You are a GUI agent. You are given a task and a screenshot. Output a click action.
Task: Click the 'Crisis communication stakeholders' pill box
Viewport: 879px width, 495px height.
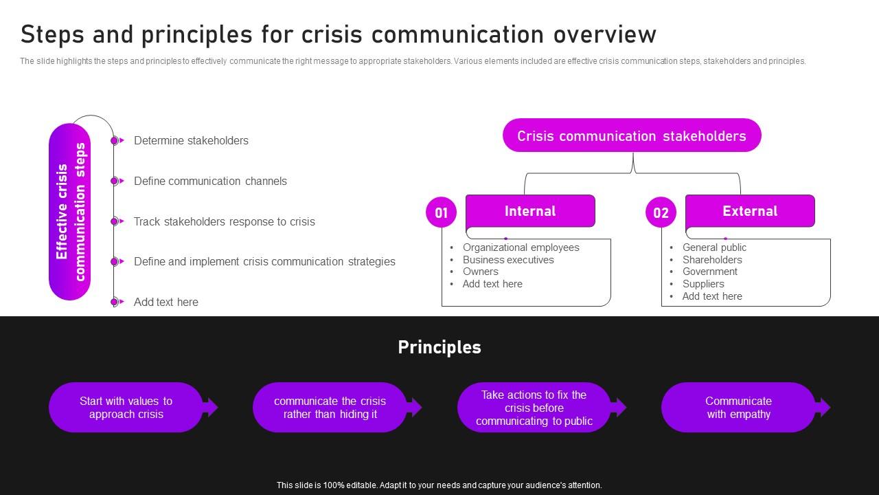point(632,135)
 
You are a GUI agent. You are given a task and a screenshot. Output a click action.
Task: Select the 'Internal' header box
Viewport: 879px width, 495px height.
point(530,211)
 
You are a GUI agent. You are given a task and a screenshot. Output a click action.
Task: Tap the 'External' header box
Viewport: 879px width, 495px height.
point(750,211)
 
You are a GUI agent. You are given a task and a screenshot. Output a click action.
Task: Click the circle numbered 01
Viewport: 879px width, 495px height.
point(441,212)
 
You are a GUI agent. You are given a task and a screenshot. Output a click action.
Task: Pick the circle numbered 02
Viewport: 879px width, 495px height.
point(661,212)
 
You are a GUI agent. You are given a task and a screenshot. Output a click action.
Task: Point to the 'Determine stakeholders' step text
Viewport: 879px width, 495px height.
point(191,141)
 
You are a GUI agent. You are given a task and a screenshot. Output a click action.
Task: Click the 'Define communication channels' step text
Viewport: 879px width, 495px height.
point(210,181)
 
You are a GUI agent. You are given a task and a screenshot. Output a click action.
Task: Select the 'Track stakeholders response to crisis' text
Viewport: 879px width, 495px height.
point(224,222)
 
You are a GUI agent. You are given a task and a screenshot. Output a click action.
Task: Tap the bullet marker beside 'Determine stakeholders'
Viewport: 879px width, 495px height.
point(115,141)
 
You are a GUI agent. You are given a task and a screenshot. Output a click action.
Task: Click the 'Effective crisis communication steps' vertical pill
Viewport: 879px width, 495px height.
point(70,212)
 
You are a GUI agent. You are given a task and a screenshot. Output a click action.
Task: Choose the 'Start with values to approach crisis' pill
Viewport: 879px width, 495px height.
point(126,408)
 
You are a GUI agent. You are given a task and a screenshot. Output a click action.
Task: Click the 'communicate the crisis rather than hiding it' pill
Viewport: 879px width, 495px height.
point(330,408)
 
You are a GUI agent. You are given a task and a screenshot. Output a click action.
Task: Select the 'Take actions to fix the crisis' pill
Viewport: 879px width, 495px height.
point(534,408)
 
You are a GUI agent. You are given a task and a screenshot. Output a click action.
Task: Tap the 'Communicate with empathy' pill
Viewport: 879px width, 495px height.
point(738,408)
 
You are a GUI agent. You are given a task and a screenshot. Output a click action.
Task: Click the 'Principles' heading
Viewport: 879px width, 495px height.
point(439,347)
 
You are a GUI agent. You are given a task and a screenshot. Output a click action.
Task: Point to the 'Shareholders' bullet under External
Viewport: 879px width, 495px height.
point(712,260)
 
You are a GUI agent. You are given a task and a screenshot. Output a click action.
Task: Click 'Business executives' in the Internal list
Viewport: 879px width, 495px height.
point(508,260)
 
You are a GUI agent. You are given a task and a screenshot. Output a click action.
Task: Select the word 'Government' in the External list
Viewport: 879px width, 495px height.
point(710,272)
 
